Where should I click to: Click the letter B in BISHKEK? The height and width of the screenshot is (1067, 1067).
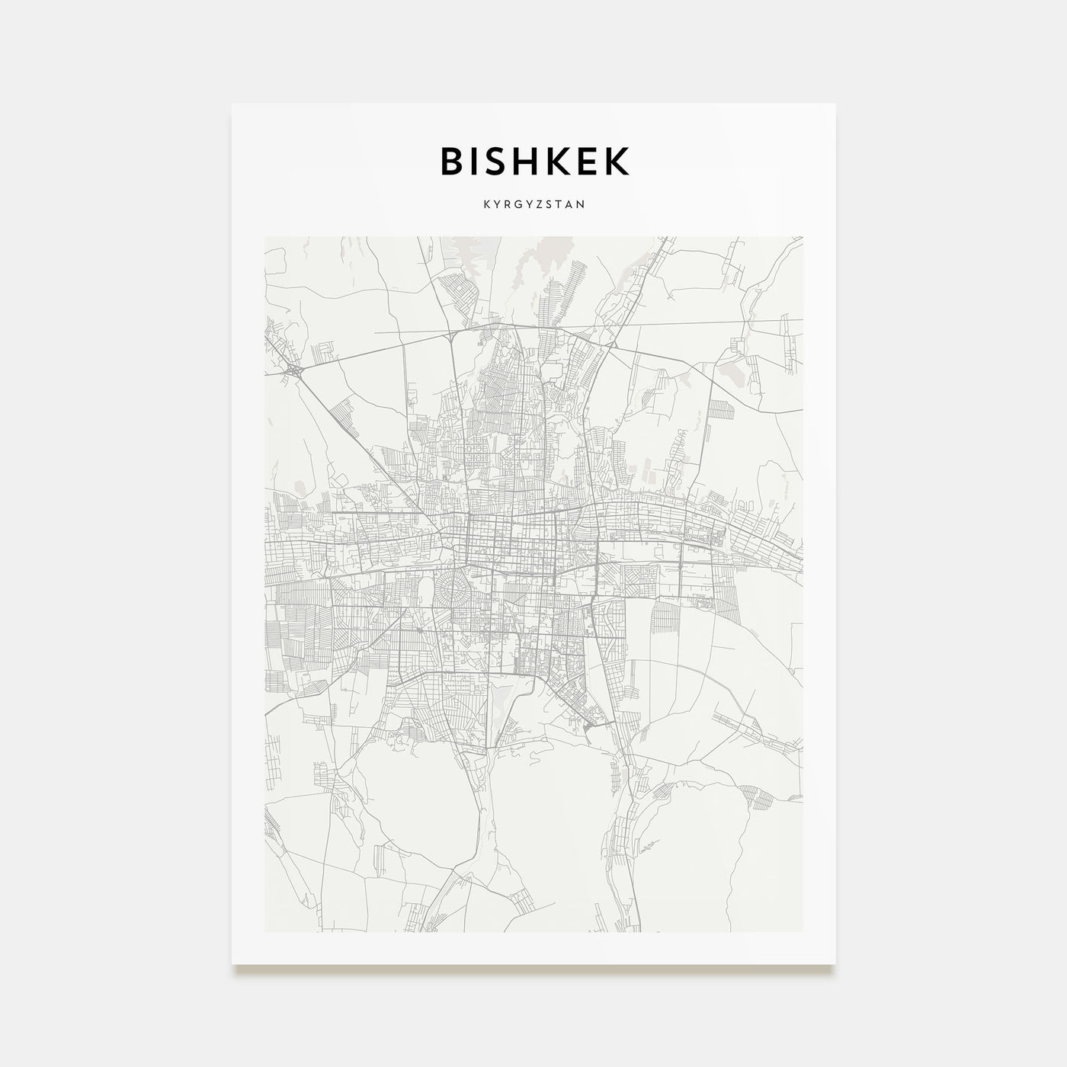point(452,161)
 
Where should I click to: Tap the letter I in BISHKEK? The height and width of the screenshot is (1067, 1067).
point(474,161)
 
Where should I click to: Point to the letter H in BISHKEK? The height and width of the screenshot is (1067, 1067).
point(526,161)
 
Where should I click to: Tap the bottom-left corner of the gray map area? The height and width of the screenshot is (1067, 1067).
point(265,931)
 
